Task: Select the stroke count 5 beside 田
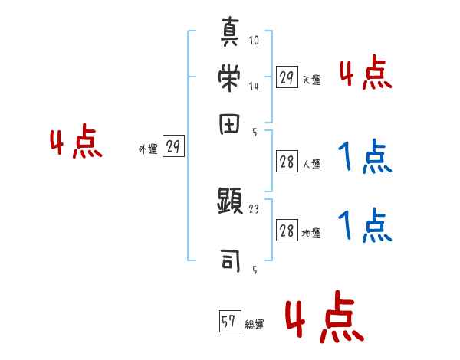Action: (255, 132)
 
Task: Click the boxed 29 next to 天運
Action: (287, 78)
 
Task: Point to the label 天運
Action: (311, 80)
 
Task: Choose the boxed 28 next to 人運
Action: (287, 162)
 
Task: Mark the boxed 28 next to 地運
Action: (287, 232)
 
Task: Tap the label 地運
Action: (311, 234)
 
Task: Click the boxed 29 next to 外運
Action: (174, 148)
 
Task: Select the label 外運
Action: (148, 149)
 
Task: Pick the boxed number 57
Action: (228, 322)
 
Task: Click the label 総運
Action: (254, 325)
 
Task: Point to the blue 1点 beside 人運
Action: (365, 157)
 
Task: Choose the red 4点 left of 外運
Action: (76, 144)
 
